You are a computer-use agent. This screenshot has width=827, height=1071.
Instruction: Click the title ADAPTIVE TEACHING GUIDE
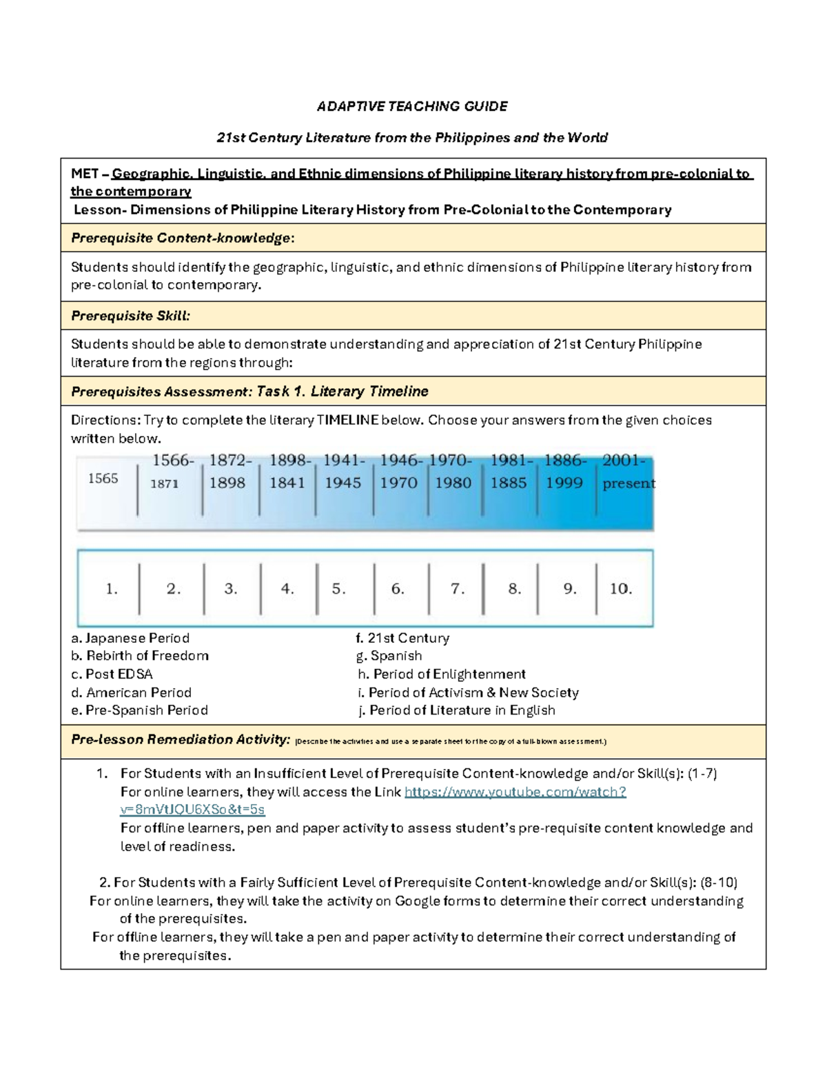point(412,106)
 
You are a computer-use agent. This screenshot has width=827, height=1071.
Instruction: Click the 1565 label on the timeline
point(103,478)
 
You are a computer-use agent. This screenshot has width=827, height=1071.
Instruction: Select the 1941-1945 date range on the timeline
point(343,472)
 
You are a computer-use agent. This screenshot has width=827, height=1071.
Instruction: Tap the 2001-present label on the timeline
point(627,472)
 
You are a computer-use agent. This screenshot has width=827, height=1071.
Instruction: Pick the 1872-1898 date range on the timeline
point(229,472)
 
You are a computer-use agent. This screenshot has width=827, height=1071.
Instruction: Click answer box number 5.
point(338,589)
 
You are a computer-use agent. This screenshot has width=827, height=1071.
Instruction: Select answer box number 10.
point(620,589)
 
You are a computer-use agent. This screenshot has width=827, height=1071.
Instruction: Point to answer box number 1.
point(112,589)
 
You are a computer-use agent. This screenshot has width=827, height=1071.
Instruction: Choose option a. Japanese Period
point(130,638)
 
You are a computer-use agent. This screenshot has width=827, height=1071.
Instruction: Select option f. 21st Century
point(402,638)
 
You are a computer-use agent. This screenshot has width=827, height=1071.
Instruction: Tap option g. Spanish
point(389,656)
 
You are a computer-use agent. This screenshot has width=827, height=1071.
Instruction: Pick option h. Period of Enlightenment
point(442,674)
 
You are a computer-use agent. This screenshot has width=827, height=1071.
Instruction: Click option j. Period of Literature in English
point(456,710)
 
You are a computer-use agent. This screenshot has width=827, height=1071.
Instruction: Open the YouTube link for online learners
point(515,792)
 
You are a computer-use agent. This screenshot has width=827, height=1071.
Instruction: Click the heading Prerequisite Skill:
point(130,316)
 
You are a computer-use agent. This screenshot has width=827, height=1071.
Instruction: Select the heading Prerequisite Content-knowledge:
point(183,238)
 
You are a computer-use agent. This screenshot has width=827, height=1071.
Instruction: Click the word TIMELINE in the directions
point(347,420)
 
